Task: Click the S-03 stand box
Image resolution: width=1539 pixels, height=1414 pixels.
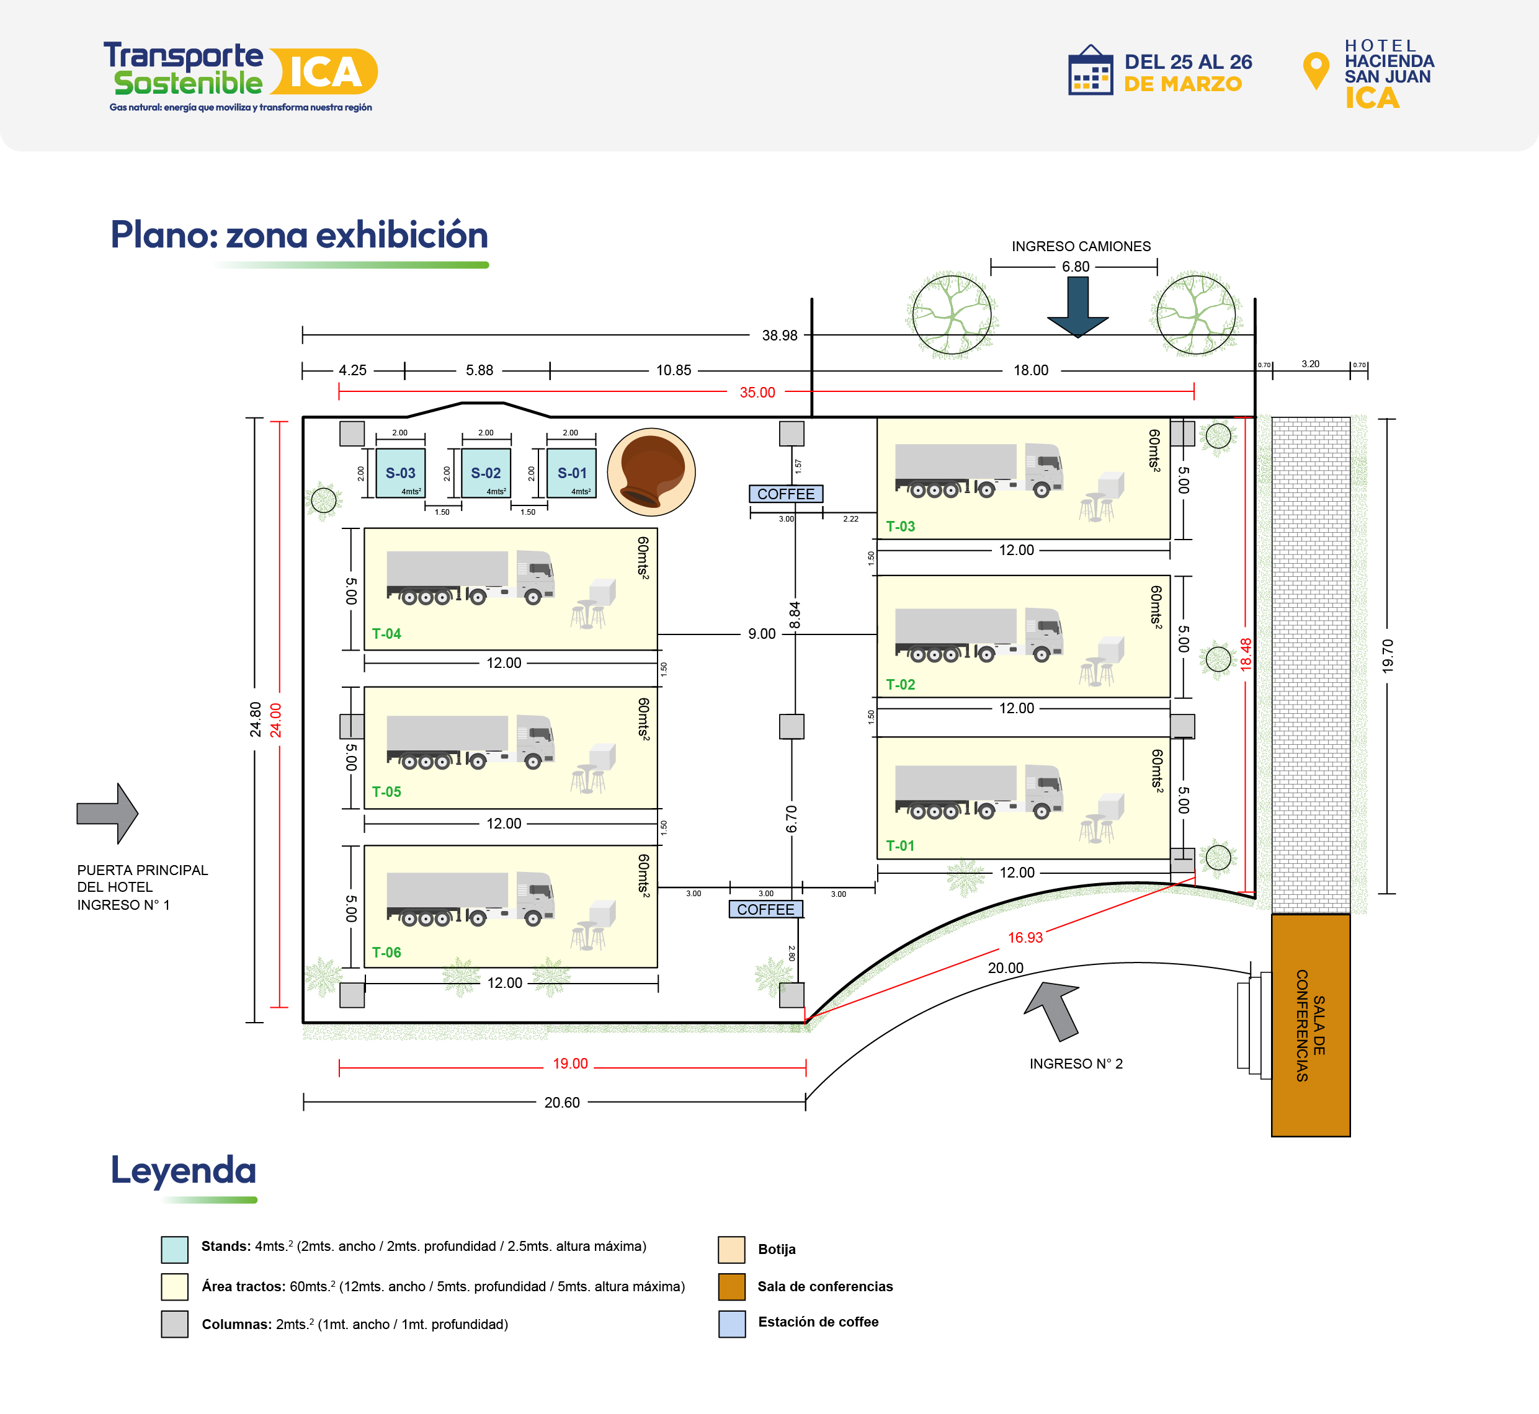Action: coord(400,473)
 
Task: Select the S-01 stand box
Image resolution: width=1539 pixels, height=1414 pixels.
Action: coord(572,473)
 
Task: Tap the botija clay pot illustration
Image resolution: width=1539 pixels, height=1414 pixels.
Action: coord(651,471)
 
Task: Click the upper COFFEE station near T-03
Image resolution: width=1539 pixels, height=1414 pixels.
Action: coord(786,494)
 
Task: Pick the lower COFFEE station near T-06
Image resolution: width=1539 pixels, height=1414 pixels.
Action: coord(765,909)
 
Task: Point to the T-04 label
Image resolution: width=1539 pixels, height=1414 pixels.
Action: coord(386,634)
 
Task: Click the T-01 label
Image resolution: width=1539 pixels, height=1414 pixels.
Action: coord(900,845)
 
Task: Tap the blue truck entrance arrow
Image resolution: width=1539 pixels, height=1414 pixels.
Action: coord(1077,306)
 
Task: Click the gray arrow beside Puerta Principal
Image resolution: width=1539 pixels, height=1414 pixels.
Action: coord(108,813)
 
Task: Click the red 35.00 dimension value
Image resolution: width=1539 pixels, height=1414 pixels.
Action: coord(757,393)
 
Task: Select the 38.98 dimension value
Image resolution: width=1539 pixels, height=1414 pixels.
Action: coord(779,335)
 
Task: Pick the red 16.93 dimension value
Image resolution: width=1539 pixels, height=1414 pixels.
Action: coord(1025,937)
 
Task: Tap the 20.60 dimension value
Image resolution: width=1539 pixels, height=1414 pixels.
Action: coord(562,1103)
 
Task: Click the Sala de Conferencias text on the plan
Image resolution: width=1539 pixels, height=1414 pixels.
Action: coord(1310,1025)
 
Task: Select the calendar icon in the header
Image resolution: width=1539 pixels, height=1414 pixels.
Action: coord(1091,71)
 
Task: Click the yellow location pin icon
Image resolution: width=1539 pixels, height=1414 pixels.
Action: coord(1316,69)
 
